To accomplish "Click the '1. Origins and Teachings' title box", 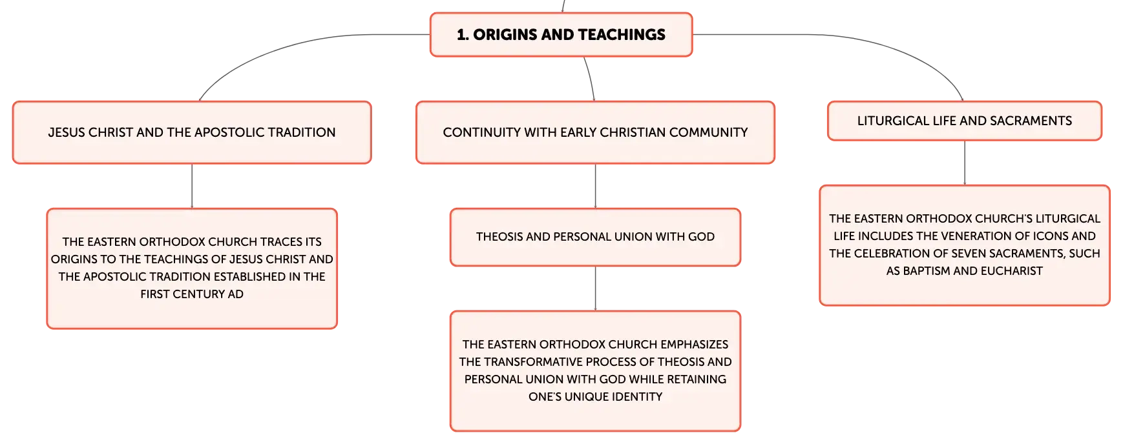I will [x=561, y=35].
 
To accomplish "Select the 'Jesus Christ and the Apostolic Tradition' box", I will [x=191, y=132].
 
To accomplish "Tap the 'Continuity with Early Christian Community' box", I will [x=594, y=132].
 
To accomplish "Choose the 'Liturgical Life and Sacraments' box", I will [x=964, y=121].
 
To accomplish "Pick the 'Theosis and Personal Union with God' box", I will [x=595, y=237].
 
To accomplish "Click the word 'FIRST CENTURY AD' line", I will [x=192, y=294].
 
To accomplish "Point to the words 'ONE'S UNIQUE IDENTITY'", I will [x=595, y=397].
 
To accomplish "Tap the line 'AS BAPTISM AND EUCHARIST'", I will [x=964, y=271].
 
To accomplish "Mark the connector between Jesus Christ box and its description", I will [x=193, y=186].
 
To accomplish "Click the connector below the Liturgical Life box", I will [x=965, y=163].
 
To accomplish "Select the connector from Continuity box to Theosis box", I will [x=595, y=186].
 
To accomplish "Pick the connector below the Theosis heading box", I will [x=595, y=288].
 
